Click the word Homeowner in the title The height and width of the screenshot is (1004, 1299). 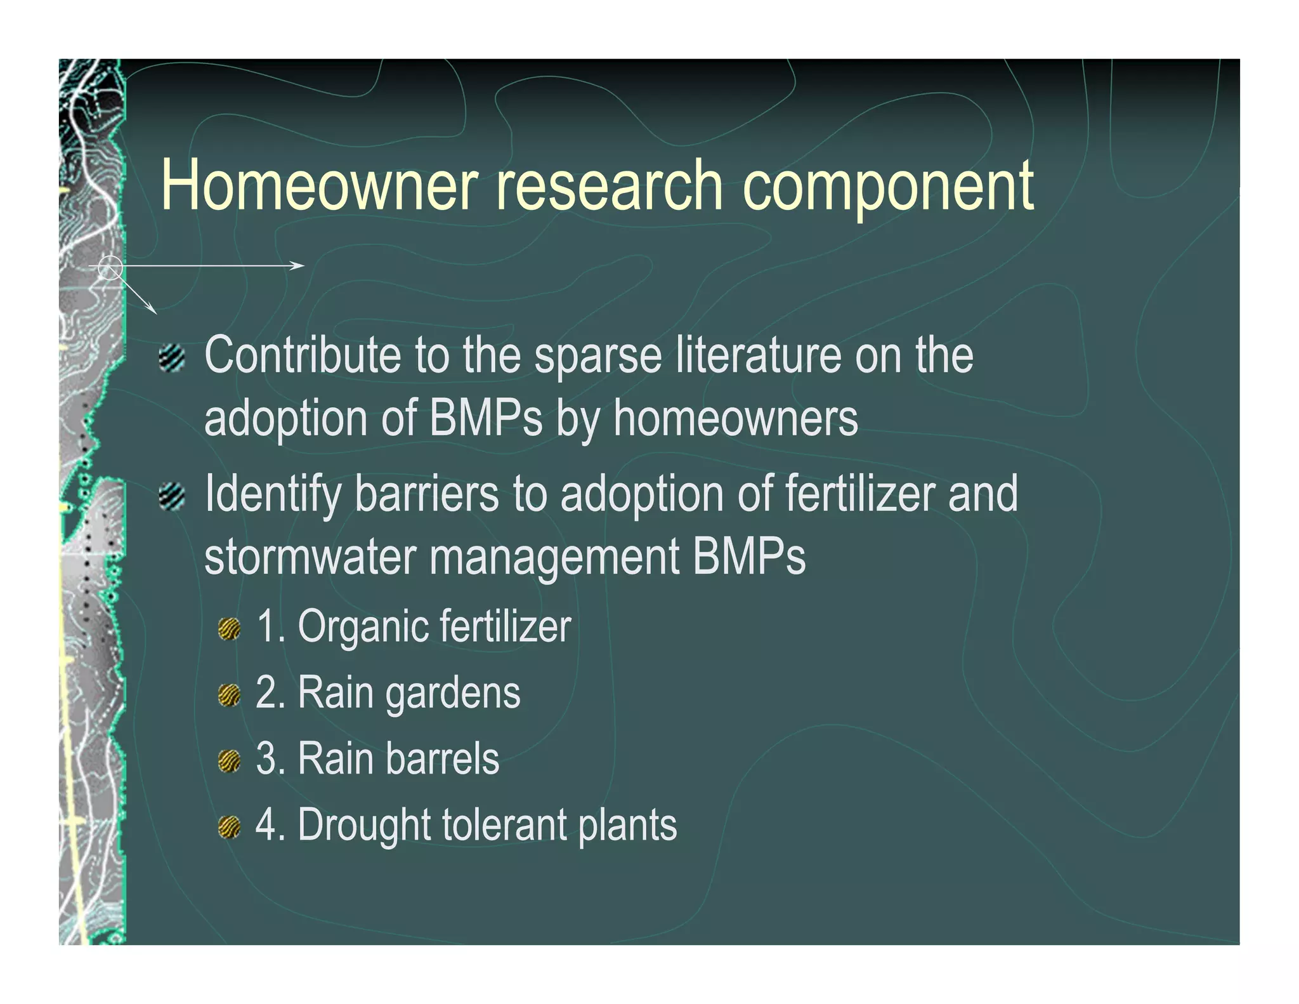click(318, 185)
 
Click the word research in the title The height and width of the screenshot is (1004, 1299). click(608, 185)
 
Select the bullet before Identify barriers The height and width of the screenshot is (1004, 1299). click(172, 496)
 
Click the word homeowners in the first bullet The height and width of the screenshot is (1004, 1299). click(736, 419)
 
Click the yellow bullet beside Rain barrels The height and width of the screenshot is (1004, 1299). click(229, 761)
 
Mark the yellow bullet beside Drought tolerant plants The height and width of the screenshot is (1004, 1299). click(229, 827)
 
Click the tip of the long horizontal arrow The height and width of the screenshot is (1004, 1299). click(303, 265)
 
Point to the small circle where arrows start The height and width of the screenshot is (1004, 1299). click(110, 268)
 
